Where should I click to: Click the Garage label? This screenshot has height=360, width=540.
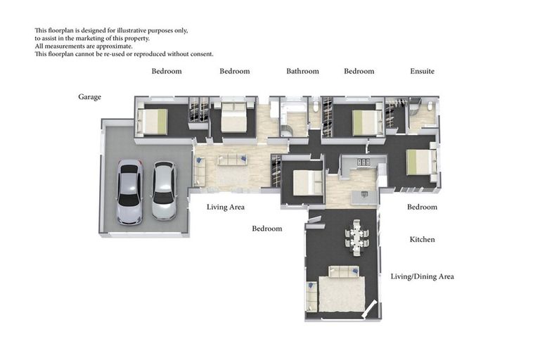(89, 97)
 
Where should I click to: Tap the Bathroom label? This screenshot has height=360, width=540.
(302, 71)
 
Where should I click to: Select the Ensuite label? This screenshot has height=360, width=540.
(422, 71)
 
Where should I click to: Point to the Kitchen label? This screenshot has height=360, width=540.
(422, 240)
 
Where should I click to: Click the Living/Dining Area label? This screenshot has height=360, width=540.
(422, 276)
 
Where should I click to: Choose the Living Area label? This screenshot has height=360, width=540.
(225, 207)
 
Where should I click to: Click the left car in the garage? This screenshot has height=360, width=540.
(129, 191)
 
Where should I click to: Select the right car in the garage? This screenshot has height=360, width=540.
(164, 191)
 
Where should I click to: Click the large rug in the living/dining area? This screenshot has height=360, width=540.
(341, 294)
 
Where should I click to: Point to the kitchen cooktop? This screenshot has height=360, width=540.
(364, 162)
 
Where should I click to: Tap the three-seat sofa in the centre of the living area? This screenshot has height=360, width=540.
(232, 160)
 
